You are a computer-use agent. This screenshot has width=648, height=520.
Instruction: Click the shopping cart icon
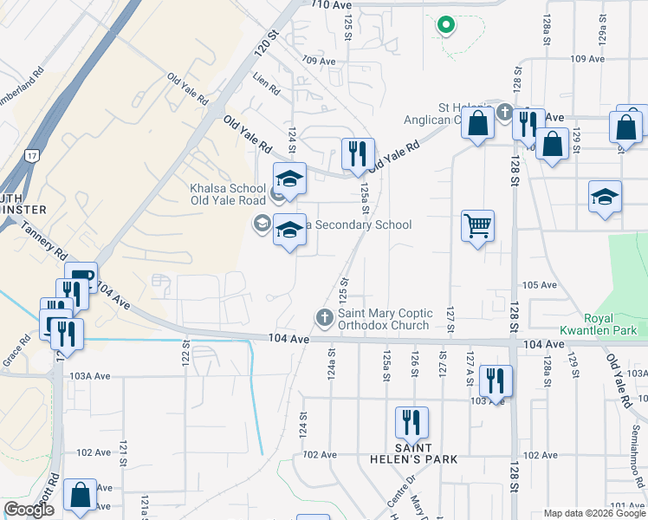[x=477, y=226]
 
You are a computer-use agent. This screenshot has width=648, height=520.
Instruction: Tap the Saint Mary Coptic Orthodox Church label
[x=383, y=319]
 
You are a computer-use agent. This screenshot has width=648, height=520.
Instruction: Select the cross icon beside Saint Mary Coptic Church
[x=325, y=318]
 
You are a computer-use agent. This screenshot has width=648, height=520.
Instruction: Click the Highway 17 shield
[x=32, y=156]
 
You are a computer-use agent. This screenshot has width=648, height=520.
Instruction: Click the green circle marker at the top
[x=446, y=25]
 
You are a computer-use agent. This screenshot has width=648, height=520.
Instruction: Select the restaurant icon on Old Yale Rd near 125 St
[x=358, y=154]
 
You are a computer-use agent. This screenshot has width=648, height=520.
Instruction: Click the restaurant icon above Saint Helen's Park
[x=411, y=422]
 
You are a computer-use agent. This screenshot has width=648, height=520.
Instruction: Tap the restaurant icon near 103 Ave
[x=496, y=380]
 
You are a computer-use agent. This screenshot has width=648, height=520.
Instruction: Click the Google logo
[x=29, y=510]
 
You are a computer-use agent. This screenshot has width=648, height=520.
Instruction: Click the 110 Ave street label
[x=321, y=5]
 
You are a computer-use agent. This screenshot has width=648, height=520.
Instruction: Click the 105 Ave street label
[x=538, y=285]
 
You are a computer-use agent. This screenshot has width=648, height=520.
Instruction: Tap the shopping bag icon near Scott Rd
[x=81, y=495]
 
